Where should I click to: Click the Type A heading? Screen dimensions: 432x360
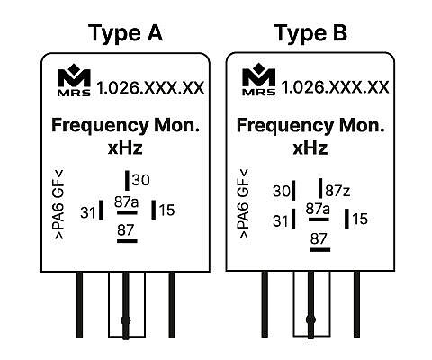coord(125,33)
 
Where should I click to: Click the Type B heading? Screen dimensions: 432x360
coord(310,33)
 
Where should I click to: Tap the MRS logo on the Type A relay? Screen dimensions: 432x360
coord(74,82)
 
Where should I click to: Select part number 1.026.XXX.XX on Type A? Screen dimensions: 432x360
coord(150,88)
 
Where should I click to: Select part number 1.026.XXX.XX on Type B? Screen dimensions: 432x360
coord(335,87)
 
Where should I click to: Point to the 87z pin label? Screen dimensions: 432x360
coord(337,191)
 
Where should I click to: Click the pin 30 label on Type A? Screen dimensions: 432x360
coord(140,180)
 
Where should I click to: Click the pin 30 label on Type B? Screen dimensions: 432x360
coord(282,191)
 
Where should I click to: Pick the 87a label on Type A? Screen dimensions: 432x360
coord(126,202)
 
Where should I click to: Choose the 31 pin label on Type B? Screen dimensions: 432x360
coord(280,221)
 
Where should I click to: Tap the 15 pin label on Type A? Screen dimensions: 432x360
coord(166,210)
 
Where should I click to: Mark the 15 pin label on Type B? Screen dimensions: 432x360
coord(360,219)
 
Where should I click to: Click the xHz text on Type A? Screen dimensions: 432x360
coord(125,148)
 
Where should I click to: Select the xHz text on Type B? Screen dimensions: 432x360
coord(310,148)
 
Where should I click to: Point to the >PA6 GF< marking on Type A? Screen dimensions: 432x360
coord(58,204)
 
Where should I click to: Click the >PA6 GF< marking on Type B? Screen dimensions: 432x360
coord(244,203)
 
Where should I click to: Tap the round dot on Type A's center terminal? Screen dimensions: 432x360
coord(126,320)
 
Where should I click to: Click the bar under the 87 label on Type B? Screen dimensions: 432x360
coord(320,249)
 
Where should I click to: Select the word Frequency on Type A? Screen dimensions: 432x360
coord(100,126)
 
